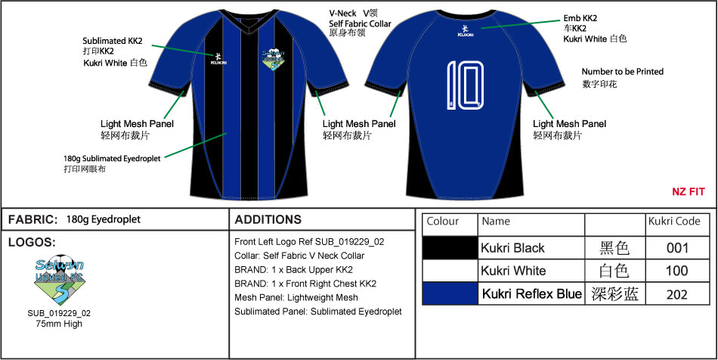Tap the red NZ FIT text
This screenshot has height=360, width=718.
(x=688, y=192)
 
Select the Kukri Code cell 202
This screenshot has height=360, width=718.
(x=677, y=294)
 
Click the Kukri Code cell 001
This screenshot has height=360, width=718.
(x=677, y=247)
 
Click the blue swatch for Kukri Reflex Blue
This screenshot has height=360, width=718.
(x=450, y=294)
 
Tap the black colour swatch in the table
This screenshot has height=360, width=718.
(x=450, y=247)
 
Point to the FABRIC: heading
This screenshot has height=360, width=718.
(x=32, y=219)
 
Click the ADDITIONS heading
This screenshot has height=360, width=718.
(x=268, y=219)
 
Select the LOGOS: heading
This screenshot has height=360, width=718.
(x=30, y=243)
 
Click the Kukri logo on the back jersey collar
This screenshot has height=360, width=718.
(x=464, y=33)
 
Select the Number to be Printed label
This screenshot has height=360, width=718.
(x=622, y=72)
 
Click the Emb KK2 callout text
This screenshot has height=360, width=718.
(x=580, y=17)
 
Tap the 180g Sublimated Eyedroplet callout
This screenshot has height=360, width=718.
(x=106, y=159)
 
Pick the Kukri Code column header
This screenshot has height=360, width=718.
(x=677, y=222)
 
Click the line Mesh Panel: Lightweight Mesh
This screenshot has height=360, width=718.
(x=296, y=297)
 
